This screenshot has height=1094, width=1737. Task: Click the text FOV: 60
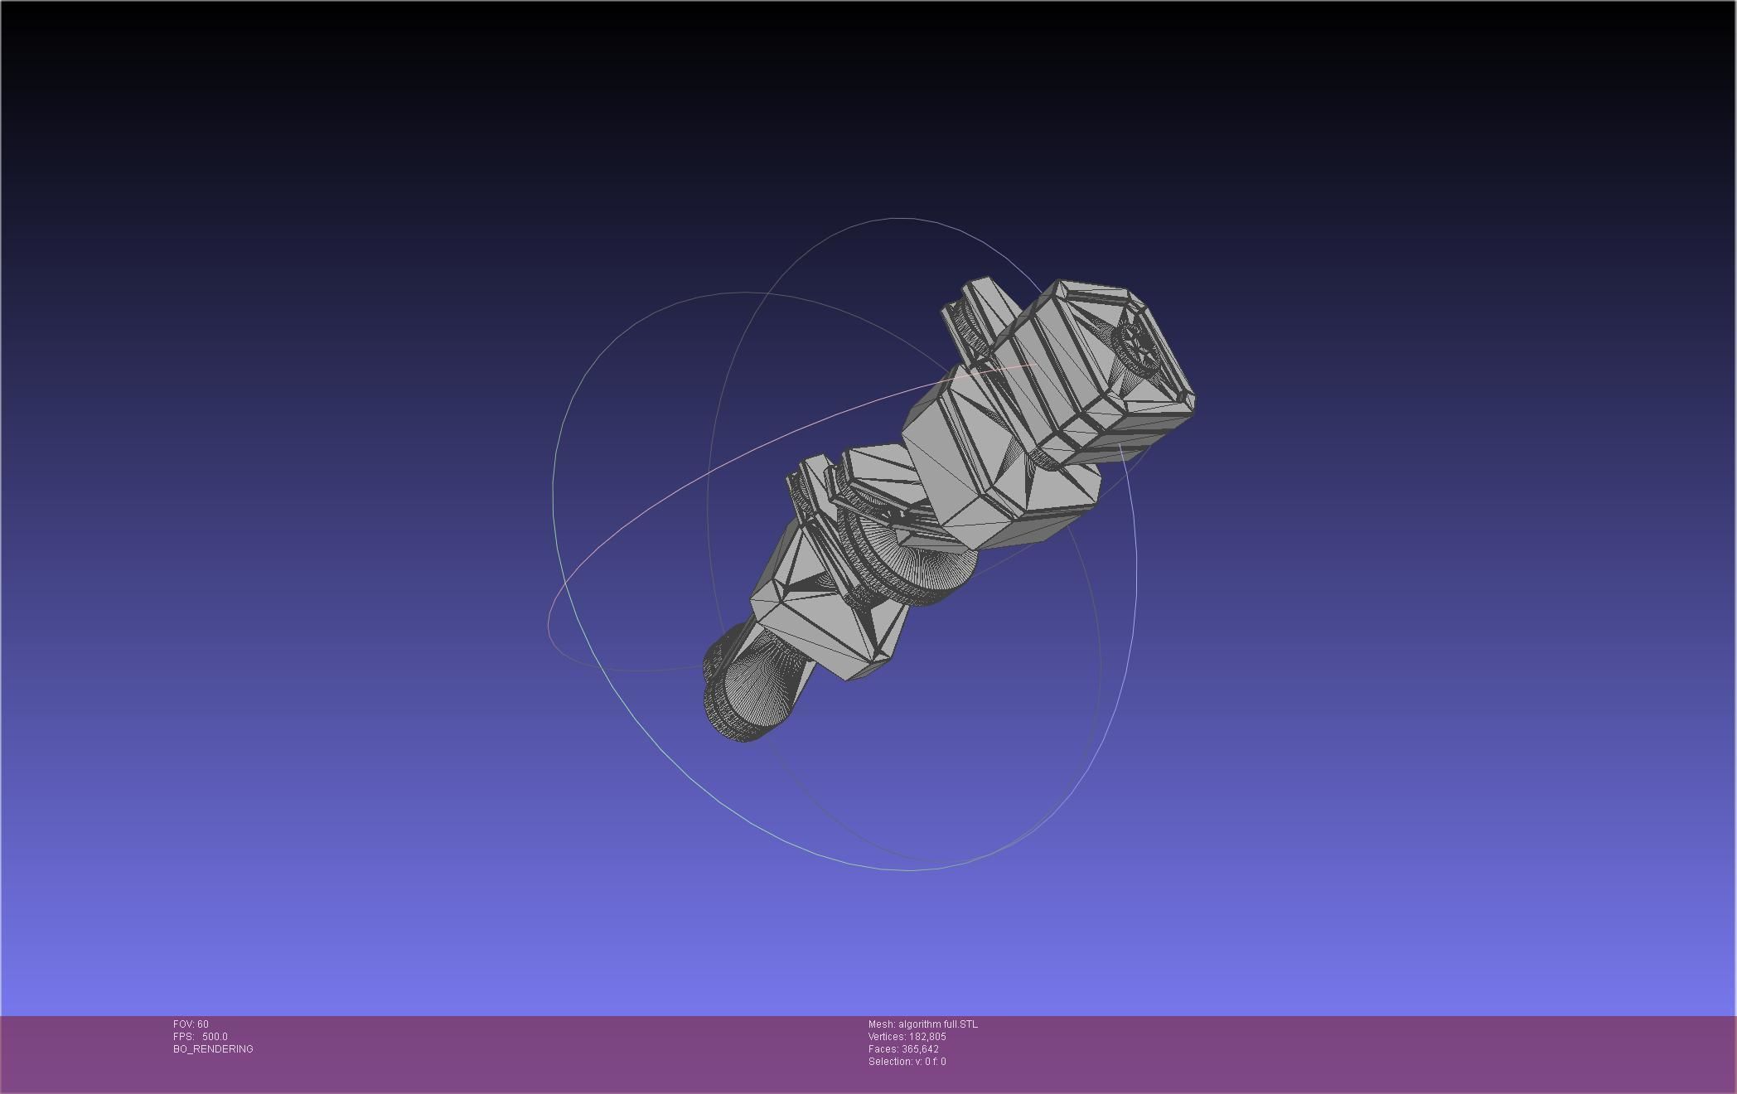coord(191,1024)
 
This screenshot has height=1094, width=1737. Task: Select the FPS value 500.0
coord(215,1037)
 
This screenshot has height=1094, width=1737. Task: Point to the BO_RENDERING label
coord(213,1049)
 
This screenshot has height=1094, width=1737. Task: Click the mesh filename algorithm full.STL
coord(937,1024)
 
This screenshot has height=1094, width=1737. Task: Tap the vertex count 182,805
coord(927,1037)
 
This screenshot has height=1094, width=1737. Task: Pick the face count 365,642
coord(920,1049)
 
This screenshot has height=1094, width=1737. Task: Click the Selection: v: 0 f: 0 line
coord(907,1062)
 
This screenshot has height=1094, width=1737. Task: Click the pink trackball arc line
coord(746,456)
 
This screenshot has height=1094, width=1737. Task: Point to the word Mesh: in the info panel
coord(882,1024)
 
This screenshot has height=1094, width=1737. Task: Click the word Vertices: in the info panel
coord(887,1037)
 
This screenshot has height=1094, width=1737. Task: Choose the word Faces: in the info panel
coord(883,1049)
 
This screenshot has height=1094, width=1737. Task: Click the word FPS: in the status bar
coord(183,1037)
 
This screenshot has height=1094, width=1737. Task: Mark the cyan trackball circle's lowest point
coord(907,870)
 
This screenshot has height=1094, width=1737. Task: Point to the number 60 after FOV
coord(203,1024)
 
